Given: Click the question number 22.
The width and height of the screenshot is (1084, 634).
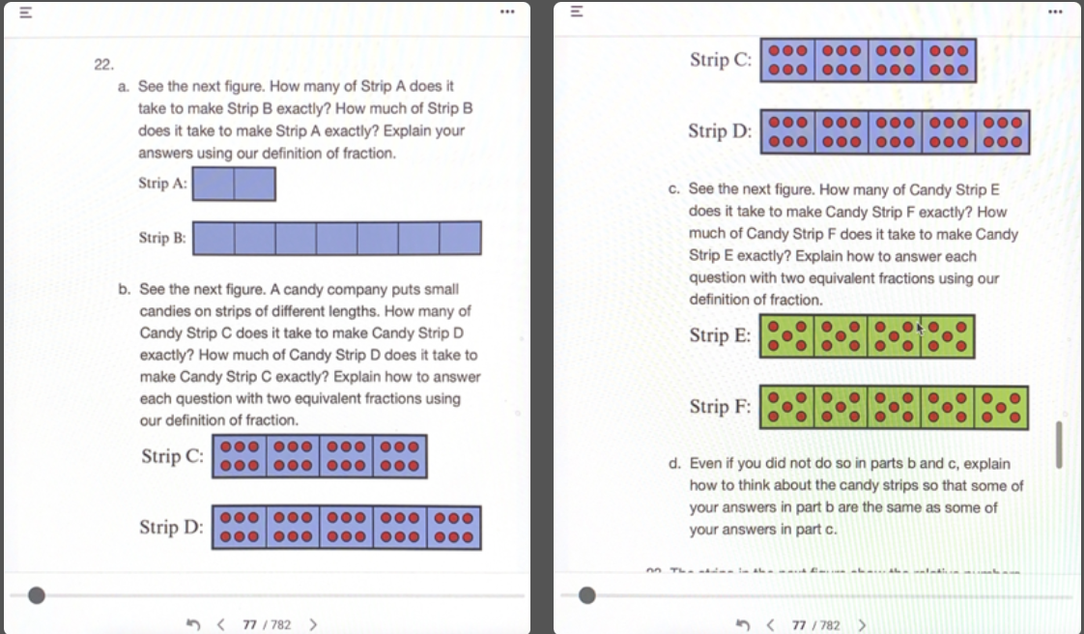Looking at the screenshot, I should [103, 65].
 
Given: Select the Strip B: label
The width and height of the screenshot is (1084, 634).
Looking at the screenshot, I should [162, 238].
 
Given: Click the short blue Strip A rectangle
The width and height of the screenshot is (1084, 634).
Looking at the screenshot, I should [234, 184].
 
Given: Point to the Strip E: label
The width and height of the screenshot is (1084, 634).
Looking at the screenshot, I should [720, 335].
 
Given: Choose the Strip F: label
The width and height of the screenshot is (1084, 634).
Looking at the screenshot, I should [720, 407].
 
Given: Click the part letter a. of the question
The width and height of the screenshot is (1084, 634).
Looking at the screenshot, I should [125, 86].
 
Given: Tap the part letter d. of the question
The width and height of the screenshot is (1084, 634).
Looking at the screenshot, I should [675, 464].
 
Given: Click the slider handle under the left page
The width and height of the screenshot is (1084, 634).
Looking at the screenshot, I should [37, 595].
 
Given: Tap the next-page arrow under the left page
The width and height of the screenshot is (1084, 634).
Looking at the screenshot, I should [312, 624].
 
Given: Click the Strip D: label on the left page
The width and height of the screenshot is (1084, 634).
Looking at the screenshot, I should [171, 527].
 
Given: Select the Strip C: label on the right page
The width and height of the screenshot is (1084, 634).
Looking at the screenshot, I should [721, 60].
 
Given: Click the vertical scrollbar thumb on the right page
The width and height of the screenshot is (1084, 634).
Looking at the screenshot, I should [1060, 444].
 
